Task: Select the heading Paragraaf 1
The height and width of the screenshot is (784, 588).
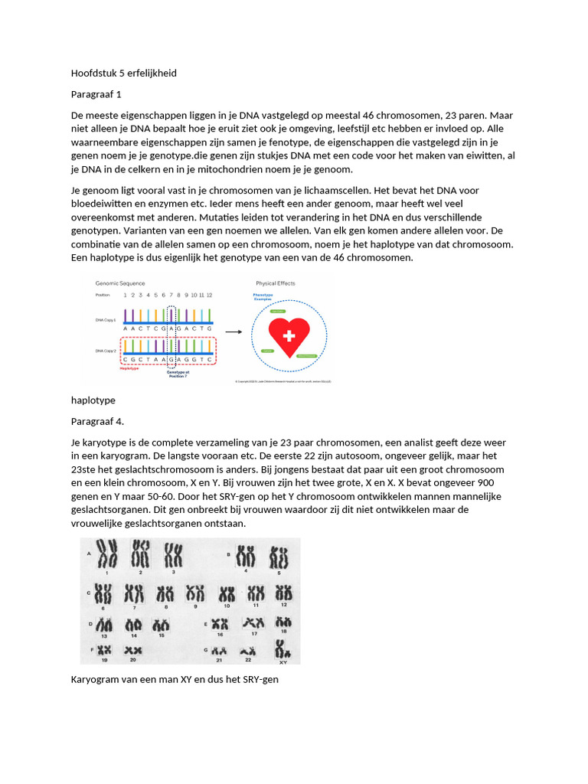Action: tap(96, 95)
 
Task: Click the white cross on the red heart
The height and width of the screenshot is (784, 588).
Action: tap(289, 336)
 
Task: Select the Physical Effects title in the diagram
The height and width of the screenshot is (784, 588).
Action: tap(276, 283)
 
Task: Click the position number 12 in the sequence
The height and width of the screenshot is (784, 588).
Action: tap(209, 295)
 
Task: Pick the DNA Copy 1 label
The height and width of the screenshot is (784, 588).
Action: tap(105, 319)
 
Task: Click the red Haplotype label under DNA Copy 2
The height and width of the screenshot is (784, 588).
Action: tap(129, 367)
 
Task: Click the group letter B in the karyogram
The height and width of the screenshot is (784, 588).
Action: tap(228, 553)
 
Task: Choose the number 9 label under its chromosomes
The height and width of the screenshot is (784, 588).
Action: tap(195, 605)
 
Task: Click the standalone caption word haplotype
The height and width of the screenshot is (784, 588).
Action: tap(93, 400)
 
